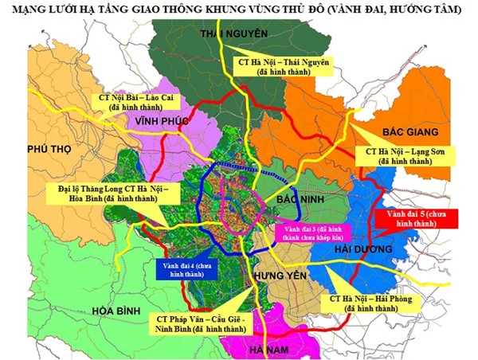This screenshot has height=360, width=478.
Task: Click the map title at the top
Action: click(x=239, y=9)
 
